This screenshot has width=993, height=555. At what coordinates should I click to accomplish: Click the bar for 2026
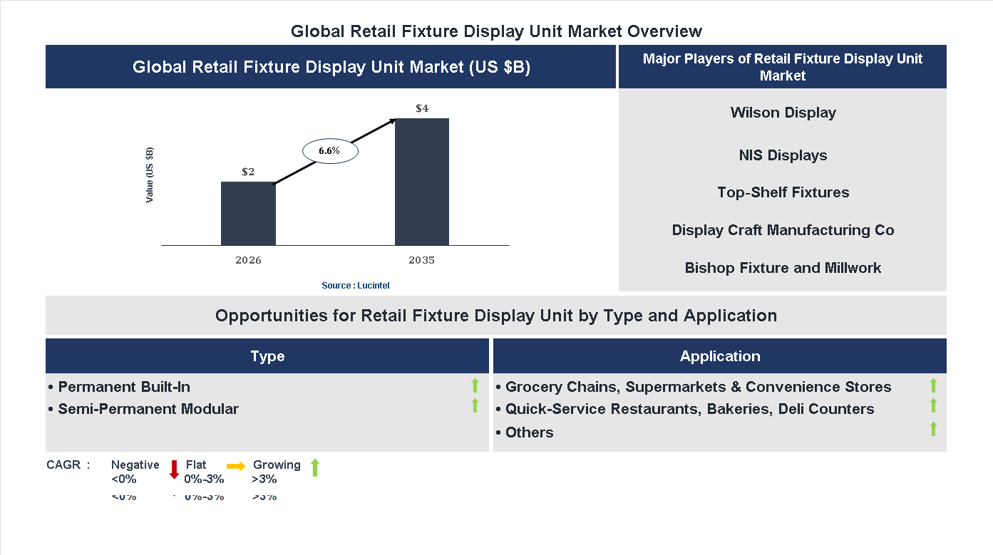pos(248,214)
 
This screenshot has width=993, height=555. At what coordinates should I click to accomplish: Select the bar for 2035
pos(422,182)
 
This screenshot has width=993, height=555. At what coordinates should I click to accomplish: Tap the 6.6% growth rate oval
pos(329,151)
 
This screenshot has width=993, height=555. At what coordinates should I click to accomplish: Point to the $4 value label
pos(422,109)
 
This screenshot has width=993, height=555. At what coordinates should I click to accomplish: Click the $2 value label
pos(248,172)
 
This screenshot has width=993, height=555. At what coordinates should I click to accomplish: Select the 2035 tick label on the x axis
pos(421,260)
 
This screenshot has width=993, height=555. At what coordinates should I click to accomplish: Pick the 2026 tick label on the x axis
pos(248,260)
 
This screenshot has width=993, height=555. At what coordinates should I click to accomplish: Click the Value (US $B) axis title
pos(150,175)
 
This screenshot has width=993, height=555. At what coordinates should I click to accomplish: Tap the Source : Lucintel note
pos(355,286)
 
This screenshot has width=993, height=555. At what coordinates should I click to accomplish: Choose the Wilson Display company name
pos(783,113)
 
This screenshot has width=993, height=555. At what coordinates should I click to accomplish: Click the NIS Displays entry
pos(783,155)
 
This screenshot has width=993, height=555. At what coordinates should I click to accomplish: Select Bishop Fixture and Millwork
pos(783,268)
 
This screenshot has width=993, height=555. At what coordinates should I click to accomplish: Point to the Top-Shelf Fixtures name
pos(783,192)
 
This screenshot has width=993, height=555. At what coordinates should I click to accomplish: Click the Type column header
pos(267,356)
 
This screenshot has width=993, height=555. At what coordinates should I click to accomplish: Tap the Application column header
pos(719,356)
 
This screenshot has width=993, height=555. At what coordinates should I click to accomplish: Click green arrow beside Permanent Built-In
pos(475,386)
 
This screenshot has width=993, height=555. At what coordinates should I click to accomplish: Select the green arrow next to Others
pos(933,429)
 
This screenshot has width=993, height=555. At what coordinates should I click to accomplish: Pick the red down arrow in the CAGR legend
pos(174,470)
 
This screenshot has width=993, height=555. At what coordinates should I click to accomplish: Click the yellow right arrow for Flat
pos(236,465)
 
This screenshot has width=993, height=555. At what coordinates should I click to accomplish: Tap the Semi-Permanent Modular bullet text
pos(148,409)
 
